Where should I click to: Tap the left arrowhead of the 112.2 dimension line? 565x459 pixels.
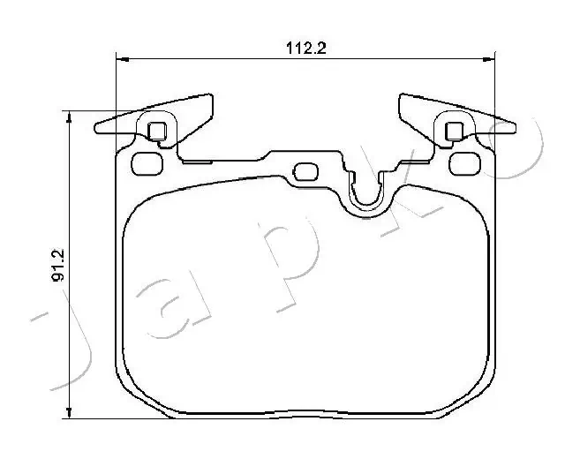click(122, 60)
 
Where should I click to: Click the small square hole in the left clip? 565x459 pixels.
click(156, 132)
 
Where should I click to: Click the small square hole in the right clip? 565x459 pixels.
click(455, 132)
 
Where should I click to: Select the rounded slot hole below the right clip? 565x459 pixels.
click(463, 163)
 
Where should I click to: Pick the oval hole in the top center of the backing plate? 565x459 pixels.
click(305, 171)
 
